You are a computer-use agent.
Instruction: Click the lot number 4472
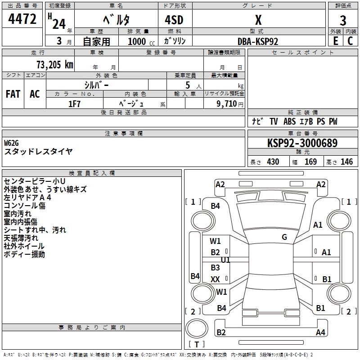[x=22, y=19]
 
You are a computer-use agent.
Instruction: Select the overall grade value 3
[x=343, y=20]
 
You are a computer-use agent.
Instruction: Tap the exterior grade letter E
[x=336, y=41]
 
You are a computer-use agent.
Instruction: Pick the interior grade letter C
[x=350, y=41]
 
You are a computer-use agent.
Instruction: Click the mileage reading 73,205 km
[x=55, y=64]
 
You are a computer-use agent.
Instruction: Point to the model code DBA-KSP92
[x=258, y=41]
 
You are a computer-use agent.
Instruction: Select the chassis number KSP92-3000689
[x=302, y=143]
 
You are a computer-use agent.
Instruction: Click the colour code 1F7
[x=74, y=104]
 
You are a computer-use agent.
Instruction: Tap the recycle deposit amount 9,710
[x=227, y=104]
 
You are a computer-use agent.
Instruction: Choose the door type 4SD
[x=174, y=20]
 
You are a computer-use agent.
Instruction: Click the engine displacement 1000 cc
[x=141, y=41]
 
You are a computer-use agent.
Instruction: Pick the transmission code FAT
[x=13, y=94]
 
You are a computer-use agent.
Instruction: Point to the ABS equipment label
[x=289, y=121]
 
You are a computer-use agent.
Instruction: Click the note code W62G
[x=11, y=143]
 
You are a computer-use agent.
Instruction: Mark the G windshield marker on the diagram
[x=284, y=237]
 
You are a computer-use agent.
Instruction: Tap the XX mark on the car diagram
[x=215, y=279]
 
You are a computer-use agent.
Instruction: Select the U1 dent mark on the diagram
[x=225, y=260]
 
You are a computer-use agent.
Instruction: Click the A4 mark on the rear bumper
[x=320, y=332]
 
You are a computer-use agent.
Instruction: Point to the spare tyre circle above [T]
[x=197, y=328]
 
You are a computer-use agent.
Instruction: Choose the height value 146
[x=346, y=162]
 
